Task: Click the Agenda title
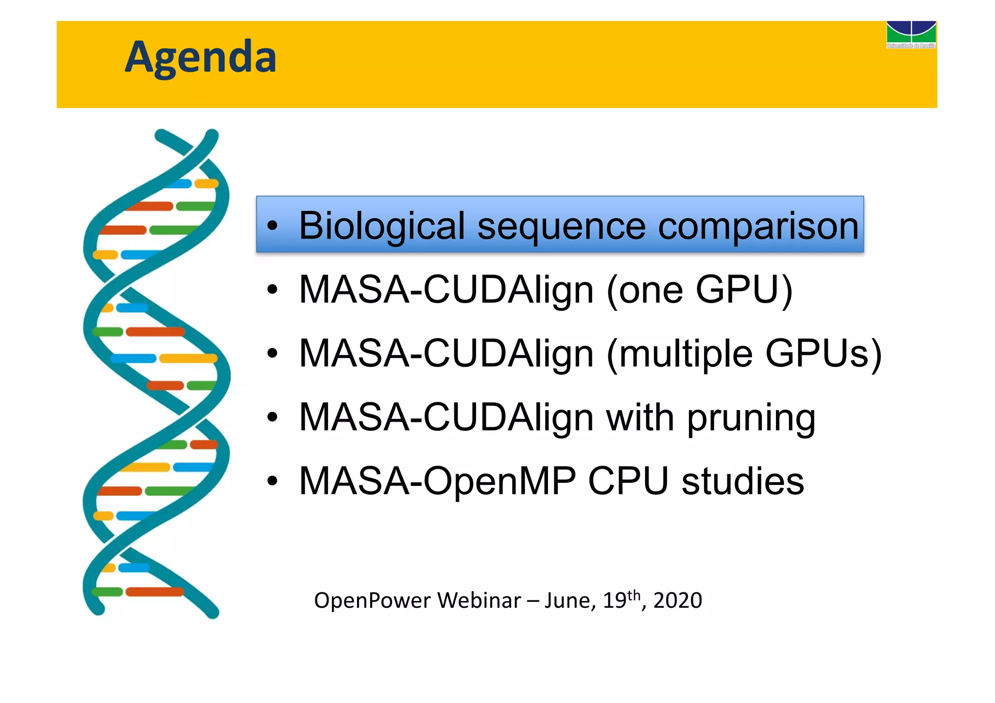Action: point(200,57)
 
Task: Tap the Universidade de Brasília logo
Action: point(911,34)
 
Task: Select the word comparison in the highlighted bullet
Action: point(758,226)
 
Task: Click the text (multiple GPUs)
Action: point(744,354)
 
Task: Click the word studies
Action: point(742,481)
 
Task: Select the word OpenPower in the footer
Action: point(372,600)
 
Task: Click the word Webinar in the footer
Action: point(479,600)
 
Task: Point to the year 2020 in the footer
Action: point(677,600)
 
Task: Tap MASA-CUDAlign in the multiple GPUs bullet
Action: point(446,354)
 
